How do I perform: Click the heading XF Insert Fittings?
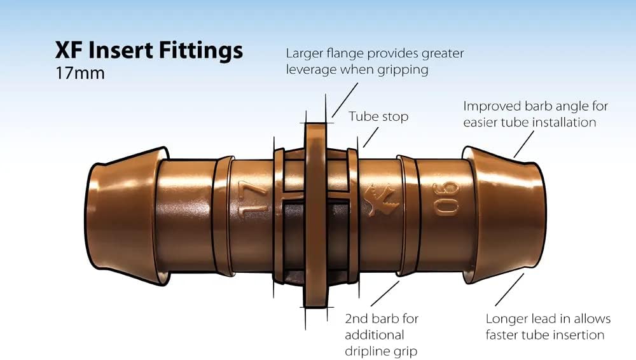coord(149,51)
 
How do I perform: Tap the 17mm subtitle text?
coord(80,73)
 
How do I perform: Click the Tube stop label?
coord(378,117)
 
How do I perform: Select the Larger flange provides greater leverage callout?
coord(375,61)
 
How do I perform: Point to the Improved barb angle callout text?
coord(536,114)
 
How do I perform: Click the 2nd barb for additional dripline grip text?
coord(381,335)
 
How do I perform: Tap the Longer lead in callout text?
coord(548,327)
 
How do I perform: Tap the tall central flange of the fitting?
coord(316,216)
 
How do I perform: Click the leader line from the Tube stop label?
coord(371,137)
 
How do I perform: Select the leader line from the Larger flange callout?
coord(345,100)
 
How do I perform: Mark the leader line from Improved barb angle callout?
coord(523,144)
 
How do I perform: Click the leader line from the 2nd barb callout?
coord(385,293)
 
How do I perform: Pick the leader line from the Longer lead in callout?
coord(509,289)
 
